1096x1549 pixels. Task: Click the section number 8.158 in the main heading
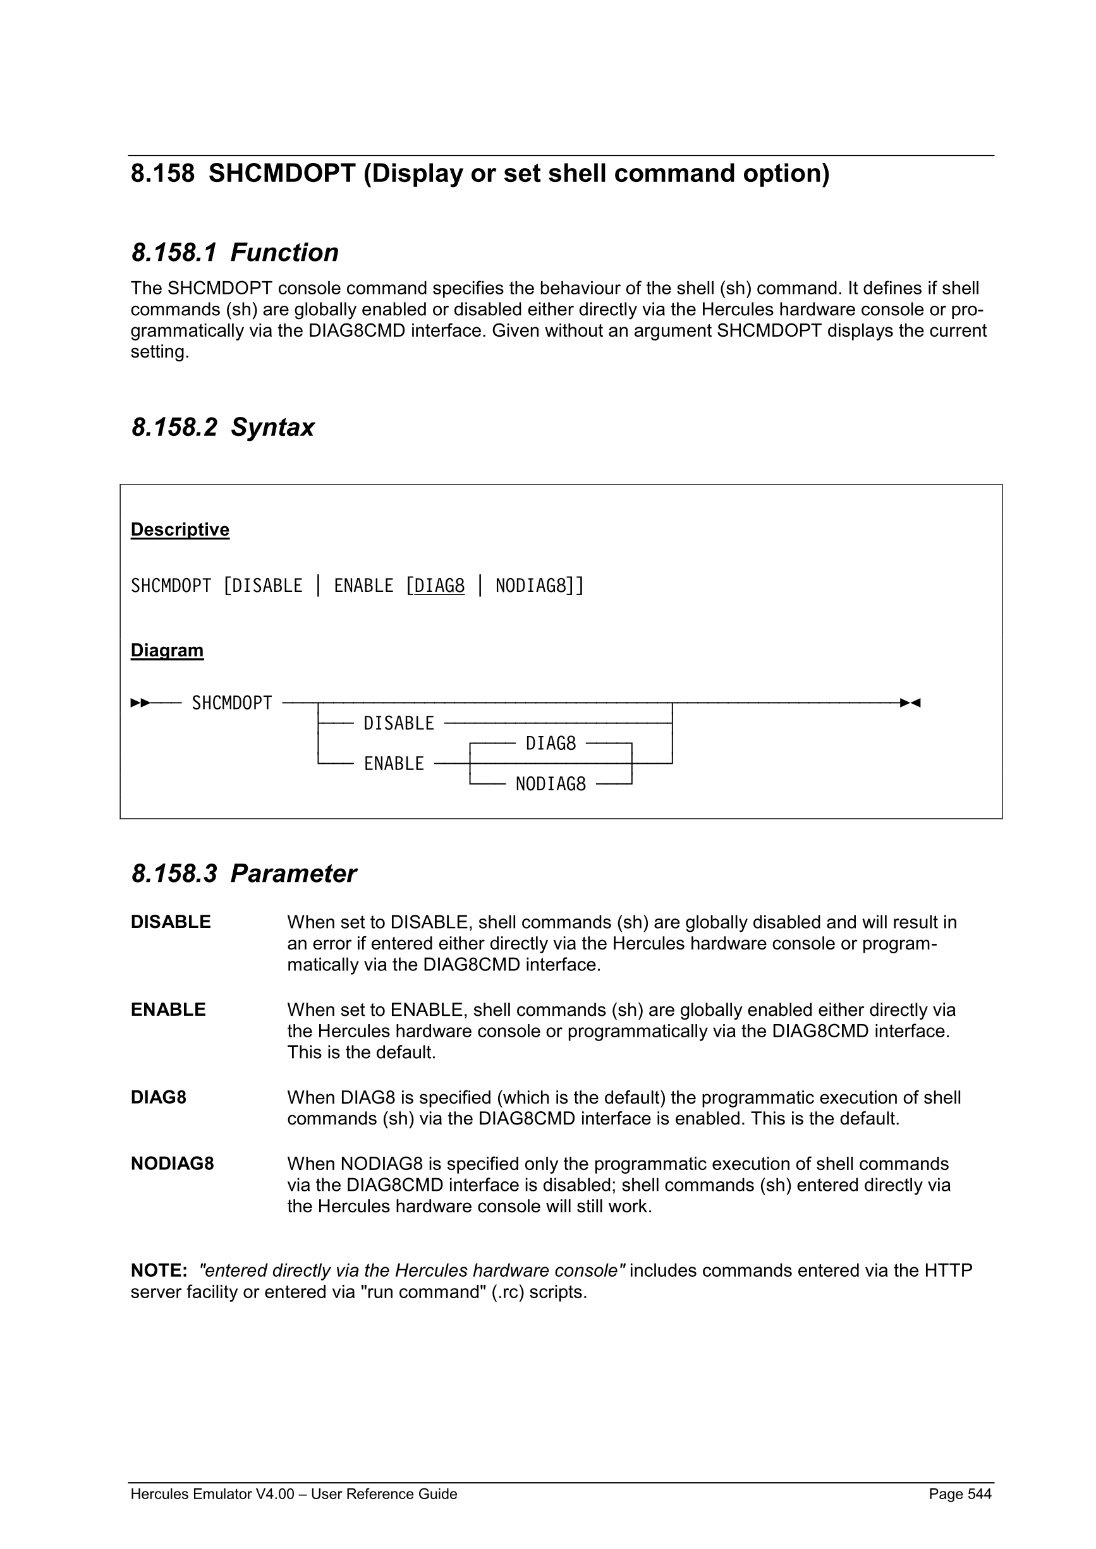pos(162,174)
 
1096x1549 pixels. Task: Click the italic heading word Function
pos(284,253)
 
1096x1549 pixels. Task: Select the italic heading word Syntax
pos(272,428)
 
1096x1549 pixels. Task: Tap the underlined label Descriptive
pos(180,529)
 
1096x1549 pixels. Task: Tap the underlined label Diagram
pos(167,650)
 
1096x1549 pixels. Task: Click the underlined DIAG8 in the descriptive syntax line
pos(439,586)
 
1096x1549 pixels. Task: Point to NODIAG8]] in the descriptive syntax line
pos(540,586)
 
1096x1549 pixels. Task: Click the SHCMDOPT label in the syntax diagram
pos(231,703)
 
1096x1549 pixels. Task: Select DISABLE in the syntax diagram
pos(399,723)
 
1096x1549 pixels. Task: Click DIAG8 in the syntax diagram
pos(551,744)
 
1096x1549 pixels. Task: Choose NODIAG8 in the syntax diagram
pos(551,784)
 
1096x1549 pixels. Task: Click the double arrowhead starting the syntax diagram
pos(140,703)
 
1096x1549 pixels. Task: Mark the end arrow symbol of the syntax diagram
pos(910,703)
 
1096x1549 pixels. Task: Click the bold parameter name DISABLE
pos(171,922)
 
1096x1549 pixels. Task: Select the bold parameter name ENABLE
pos(168,1010)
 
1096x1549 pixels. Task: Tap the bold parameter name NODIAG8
pos(172,1164)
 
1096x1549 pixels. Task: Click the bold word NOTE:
pos(159,1271)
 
